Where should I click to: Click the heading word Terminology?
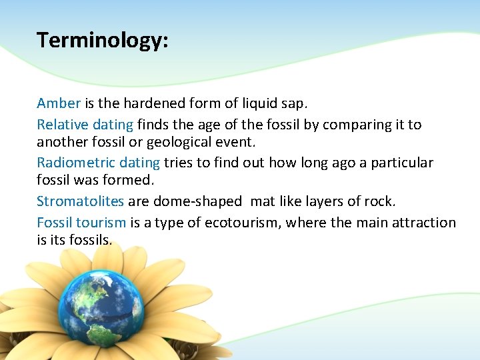click(x=102, y=41)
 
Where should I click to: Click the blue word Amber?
click(x=59, y=103)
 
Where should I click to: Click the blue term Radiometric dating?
click(x=98, y=163)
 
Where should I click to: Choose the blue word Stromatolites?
click(x=80, y=201)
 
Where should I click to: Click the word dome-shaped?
click(x=197, y=201)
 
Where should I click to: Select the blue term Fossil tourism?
click(x=81, y=223)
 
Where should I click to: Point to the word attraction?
click(x=424, y=223)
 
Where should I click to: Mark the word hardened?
click(x=133, y=104)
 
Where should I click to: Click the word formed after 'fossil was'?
click(x=132, y=181)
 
